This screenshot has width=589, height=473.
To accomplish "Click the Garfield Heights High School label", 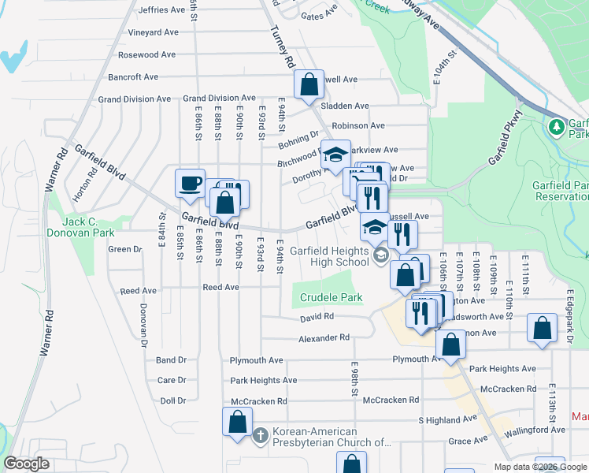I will point(328,256).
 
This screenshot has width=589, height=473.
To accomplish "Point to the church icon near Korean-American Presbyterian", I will point(261,435).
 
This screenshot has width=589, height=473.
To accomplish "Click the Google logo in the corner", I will point(27,464).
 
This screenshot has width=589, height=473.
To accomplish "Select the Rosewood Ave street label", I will point(146,55).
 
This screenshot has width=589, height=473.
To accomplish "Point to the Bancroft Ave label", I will point(133,77).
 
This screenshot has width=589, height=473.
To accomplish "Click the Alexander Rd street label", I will point(323,337).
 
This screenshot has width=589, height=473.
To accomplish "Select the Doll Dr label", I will point(172,400).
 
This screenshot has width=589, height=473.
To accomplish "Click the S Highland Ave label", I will point(447,419).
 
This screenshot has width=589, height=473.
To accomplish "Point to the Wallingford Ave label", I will point(536,430).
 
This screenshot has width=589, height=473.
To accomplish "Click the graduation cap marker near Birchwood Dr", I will point(335,155).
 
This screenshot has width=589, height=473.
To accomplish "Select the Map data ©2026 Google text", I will point(539,466).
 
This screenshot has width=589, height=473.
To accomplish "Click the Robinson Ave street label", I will point(357,125).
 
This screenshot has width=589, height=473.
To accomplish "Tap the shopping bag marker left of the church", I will point(238,423).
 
